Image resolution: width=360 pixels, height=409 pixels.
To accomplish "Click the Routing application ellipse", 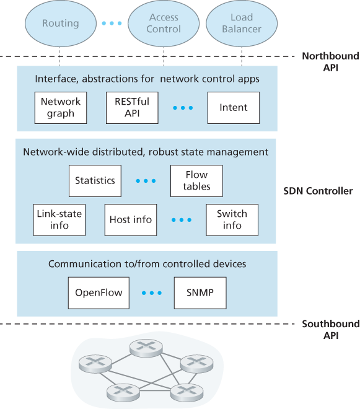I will [60, 24].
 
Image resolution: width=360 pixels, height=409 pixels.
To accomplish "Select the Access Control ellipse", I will [164, 24].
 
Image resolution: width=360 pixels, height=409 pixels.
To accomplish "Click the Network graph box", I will [61, 107].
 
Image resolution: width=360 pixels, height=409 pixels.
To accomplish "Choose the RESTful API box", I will [131, 107].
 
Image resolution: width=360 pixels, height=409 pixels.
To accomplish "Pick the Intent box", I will [233, 107].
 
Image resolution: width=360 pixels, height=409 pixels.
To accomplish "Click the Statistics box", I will [95, 181].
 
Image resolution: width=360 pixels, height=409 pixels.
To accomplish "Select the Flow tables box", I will [196, 181].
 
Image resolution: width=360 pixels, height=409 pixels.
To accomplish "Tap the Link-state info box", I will [59, 219].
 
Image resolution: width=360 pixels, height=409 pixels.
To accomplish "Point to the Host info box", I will [131, 219].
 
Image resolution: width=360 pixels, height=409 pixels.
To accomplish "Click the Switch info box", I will [232, 219].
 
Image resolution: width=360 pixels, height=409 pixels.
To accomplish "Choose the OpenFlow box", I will [99, 292].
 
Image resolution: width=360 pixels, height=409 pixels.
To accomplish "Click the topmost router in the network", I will [147, 348].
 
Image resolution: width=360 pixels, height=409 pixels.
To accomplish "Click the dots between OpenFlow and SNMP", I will [151, 292].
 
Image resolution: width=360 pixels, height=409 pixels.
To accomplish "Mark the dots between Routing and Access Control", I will [112, 24].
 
